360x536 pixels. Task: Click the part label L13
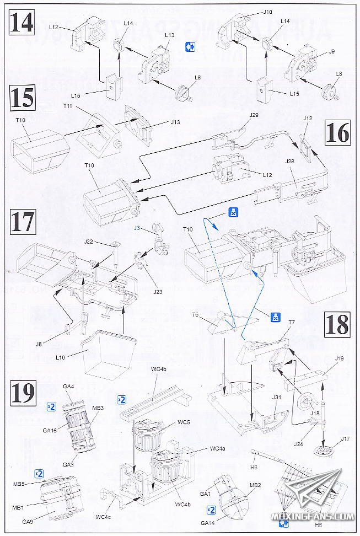click(x=170, y=35)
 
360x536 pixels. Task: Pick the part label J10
click(x=268, y=12)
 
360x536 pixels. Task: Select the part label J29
click(x=254, y=115)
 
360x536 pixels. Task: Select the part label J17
click(x=345, y=438)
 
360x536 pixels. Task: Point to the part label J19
click(x=338, y=358)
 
